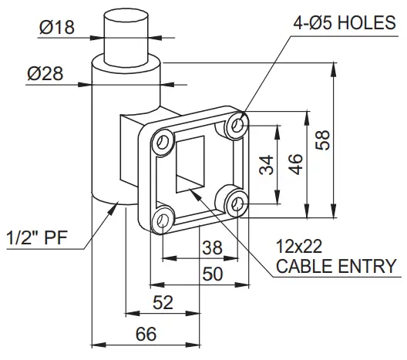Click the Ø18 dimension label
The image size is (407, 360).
point(55,29)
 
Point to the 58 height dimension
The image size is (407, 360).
point(323,139)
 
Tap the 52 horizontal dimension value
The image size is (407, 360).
point(163,303)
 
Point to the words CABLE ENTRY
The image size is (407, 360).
point(336,267)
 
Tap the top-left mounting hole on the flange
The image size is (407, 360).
point(163,141)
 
